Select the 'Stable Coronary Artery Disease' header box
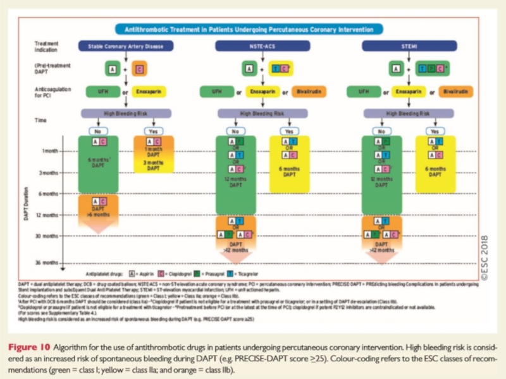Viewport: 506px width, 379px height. click(x=125, y=45)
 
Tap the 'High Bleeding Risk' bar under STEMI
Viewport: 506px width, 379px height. click(x=408, y=114)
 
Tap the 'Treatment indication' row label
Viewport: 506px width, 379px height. click(x=47, y=46)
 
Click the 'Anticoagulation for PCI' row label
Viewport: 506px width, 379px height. click(x=50, y=92)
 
